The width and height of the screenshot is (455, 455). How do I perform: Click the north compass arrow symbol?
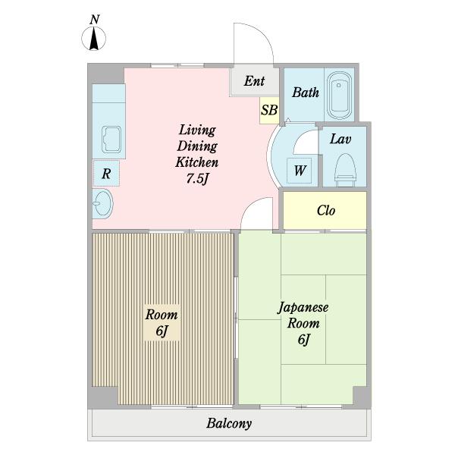pos(93,39)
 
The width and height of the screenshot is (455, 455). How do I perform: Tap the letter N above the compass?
pos(95,20)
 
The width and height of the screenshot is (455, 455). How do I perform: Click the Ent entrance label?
pos(254,81)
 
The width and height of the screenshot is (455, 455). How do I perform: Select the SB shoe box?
pos(269,110)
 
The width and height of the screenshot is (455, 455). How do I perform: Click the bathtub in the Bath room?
pos(339,96)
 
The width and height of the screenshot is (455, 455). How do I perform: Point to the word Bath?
pos(306,93)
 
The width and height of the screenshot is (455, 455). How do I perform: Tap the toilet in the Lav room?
pos(345,170)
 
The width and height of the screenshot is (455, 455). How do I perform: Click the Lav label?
pos(340,139)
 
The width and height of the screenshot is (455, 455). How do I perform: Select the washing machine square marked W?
pos(300,171)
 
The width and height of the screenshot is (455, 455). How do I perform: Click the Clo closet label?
pos(326,210)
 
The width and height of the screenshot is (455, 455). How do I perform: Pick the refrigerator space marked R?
pos(106,173)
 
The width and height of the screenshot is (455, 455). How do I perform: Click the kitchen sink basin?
pos(111,140)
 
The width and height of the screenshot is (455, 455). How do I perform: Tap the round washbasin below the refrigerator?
pos(103,203)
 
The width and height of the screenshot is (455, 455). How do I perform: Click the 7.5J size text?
pos(197,178)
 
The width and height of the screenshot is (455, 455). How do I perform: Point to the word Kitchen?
pos(196,162)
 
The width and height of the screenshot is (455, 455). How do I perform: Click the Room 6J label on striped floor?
pos(162,322)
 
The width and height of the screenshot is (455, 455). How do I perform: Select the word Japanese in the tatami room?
pos(303,308)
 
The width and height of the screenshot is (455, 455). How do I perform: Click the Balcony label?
pos(229,423)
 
